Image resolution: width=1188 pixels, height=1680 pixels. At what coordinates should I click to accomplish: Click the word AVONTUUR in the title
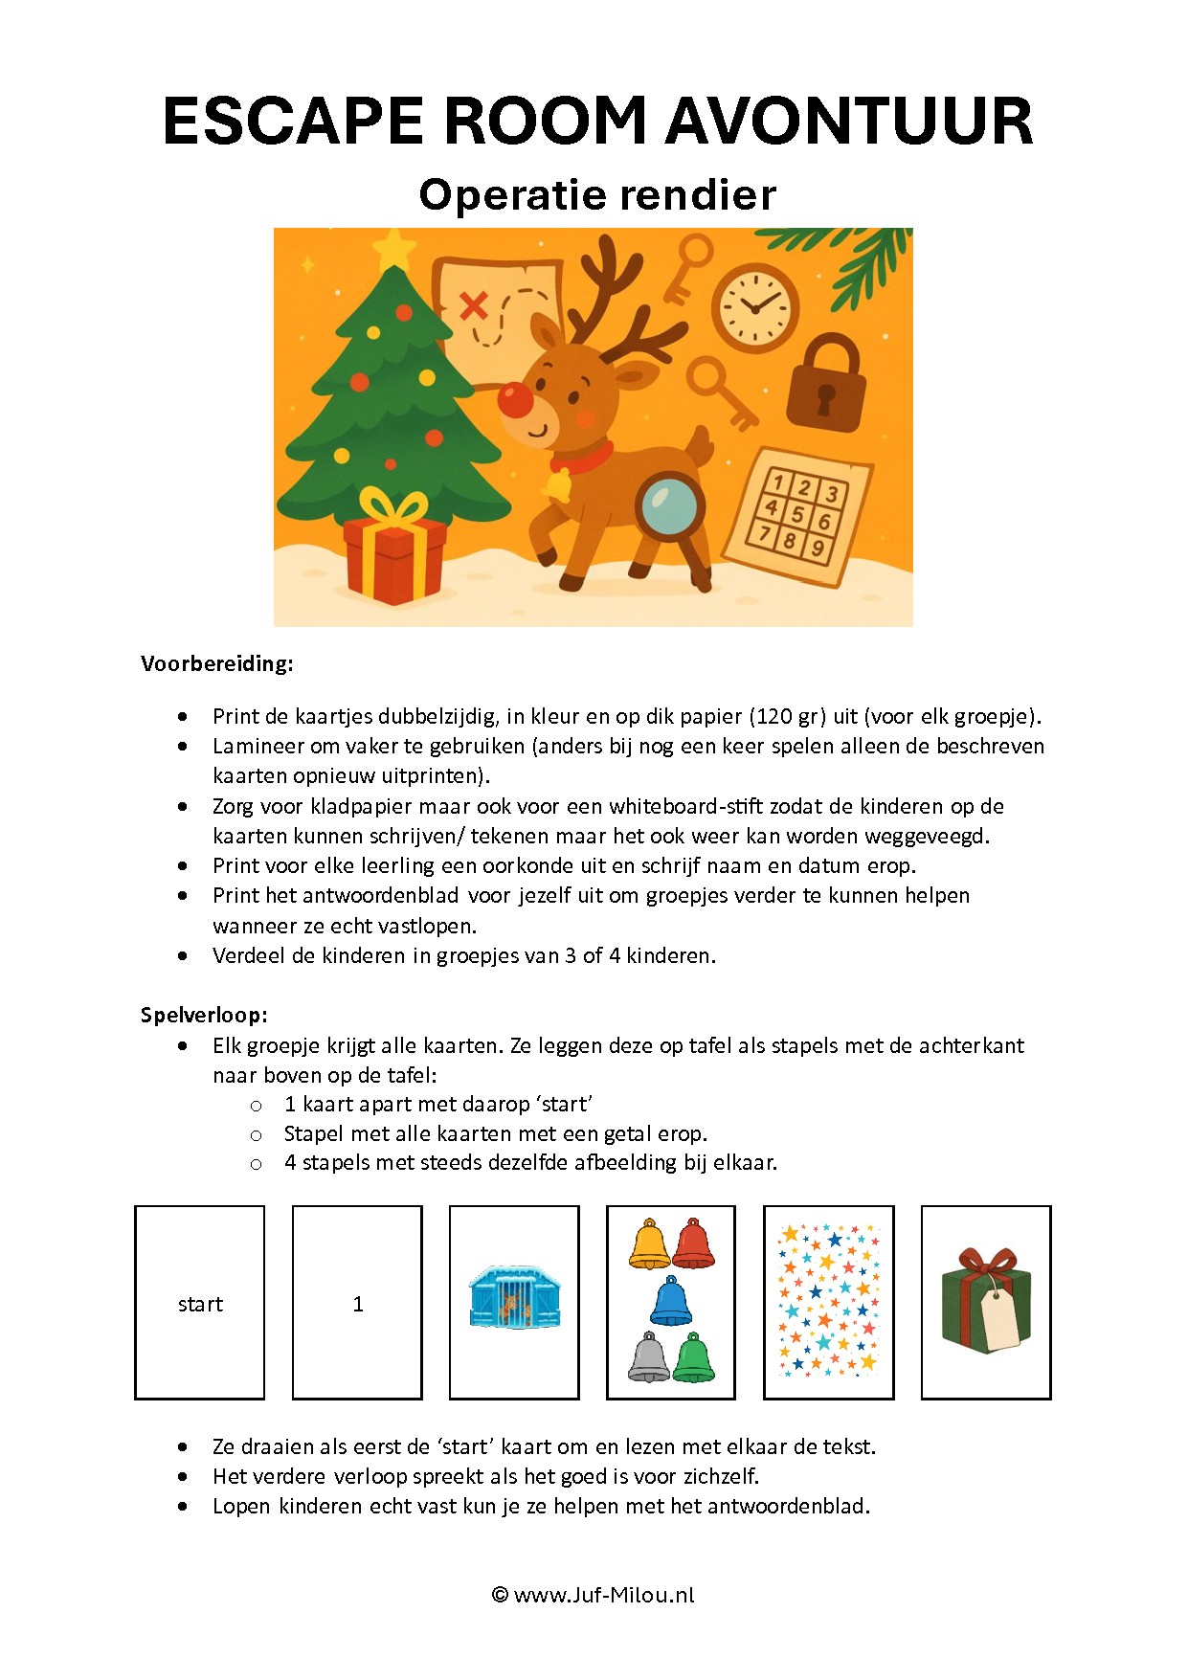pos(849,122)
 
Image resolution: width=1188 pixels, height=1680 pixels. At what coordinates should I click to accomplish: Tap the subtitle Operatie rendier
pos(597,194)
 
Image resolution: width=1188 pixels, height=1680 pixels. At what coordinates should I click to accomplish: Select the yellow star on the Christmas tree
pos(392,250)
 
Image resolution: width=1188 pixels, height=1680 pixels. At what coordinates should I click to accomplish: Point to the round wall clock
pos(755,305)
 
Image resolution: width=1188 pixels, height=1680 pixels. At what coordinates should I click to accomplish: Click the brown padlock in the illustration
pos(825,383)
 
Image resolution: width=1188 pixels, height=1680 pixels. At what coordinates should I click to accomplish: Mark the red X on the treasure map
pos(473,306)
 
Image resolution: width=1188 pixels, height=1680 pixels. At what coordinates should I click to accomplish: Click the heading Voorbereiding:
pos(217,663)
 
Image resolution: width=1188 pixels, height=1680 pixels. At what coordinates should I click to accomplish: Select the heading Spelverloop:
pos(204,1015)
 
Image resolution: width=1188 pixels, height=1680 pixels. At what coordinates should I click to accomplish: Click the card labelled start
pos(200,1304)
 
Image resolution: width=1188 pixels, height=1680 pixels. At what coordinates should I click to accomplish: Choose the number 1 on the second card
pos(358,1304)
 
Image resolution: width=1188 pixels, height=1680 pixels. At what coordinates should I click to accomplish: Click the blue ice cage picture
pos(515,1298)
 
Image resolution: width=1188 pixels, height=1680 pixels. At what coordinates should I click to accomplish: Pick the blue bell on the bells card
pos(671,1302)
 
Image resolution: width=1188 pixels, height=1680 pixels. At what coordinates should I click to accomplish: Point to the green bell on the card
pos(694,1358)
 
